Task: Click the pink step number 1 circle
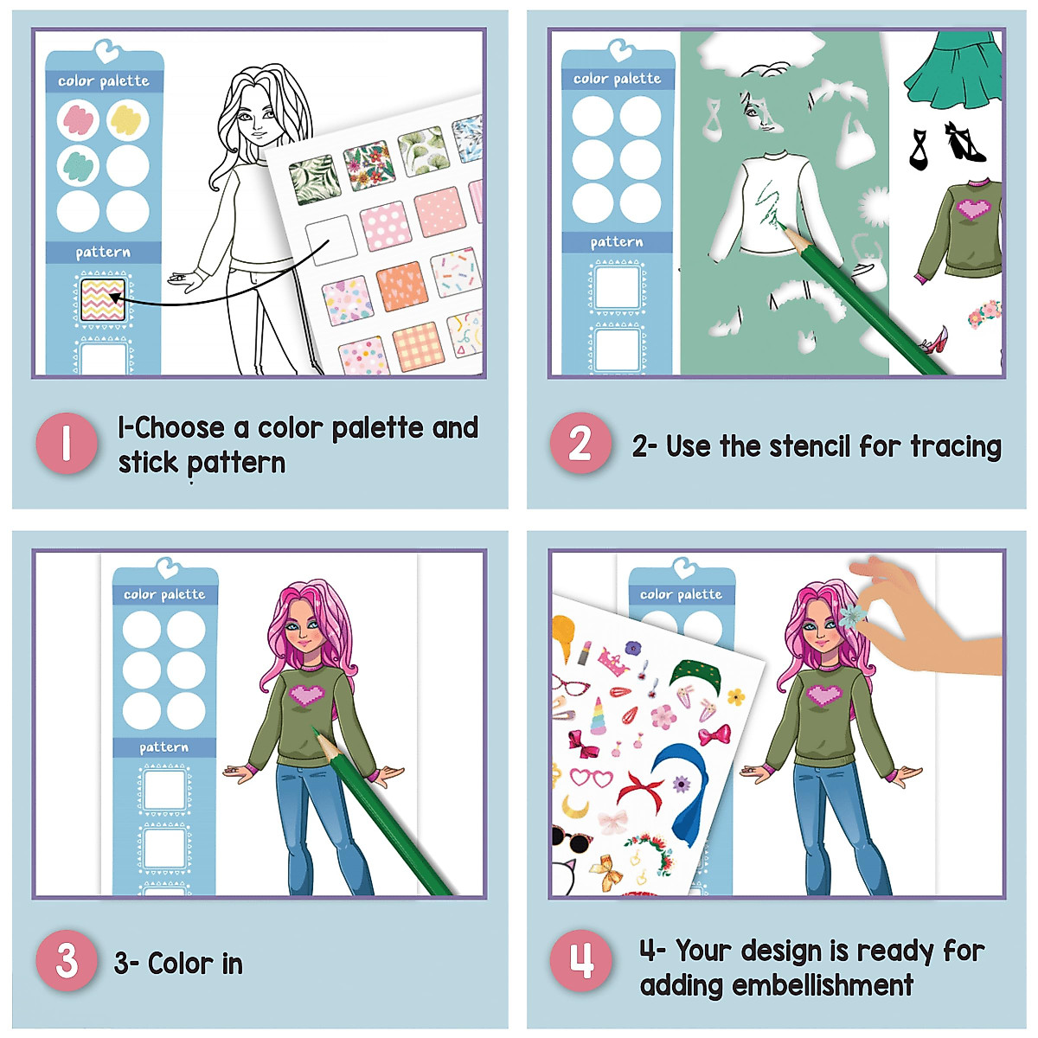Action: [x=67, y=444]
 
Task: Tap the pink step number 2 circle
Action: [x=580, y=444]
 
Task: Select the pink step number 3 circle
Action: [x=67, y=961]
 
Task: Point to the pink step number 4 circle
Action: [x=580, y=961]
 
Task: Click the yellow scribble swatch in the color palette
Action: [x=128, y=120]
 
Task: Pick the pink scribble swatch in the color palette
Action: [x=79, y=120]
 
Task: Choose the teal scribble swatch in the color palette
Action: [x=79, y=164]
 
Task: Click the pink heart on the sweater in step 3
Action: [x=308, y=694]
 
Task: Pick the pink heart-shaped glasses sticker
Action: [x=591, y=776]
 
